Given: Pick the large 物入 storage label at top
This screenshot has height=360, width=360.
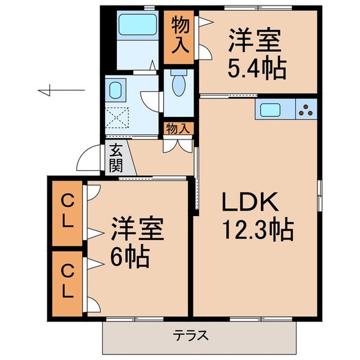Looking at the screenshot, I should tap(179, 37).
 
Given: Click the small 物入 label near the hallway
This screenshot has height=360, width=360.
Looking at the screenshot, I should tap(178, 128).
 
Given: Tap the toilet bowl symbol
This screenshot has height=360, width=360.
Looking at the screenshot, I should tap(178, 86).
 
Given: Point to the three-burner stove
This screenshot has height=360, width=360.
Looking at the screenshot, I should tap(306, 110).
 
